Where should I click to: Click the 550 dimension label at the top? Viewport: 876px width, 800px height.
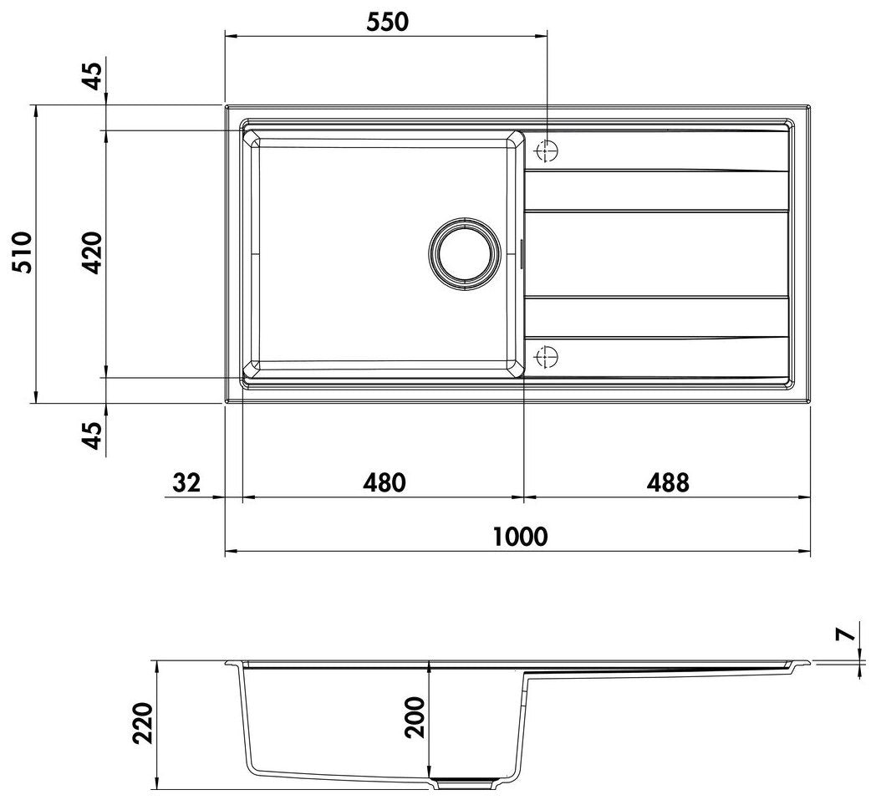click(388, 22)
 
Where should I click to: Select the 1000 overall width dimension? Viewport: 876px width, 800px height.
click(520, 537)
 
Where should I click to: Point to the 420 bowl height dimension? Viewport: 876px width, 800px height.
click(92, 252)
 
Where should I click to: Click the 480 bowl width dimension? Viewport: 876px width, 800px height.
click(384, 482)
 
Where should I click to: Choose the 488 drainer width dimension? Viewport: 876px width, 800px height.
click(668, 482)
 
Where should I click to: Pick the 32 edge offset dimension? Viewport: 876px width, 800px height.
click(186, 482)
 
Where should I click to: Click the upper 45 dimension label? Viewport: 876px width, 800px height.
click(93, 77)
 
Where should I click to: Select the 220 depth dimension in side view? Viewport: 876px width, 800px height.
click(142, 723)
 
